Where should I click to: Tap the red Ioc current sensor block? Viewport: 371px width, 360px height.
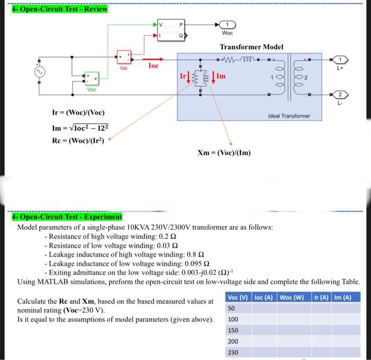pos(123,57)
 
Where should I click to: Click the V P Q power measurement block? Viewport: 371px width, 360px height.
pos(170,30)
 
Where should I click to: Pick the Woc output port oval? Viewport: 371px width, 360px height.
pos(227,24)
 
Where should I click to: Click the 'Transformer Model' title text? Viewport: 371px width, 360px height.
pos(252,47)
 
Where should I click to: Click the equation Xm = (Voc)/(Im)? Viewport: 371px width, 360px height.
pos(224,152)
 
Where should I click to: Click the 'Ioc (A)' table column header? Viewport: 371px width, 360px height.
pos(264,297)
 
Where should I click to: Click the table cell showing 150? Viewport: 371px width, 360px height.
pos(233,330)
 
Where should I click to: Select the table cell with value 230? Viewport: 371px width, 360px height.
pos(233,353)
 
